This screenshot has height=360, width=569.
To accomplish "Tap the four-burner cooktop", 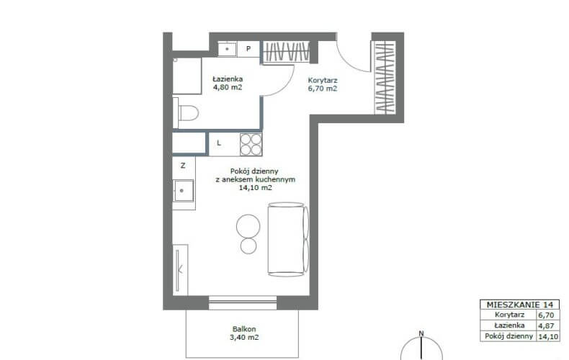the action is click(251, 145).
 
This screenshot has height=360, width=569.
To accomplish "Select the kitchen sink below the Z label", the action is click(184, 191).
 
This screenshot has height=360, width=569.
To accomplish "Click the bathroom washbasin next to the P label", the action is click(227, 49).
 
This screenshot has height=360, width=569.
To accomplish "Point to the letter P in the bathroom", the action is click(248, 49).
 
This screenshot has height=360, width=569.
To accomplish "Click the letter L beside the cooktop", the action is click(219, 143).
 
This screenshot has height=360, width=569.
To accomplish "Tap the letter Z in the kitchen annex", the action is click(183, 166).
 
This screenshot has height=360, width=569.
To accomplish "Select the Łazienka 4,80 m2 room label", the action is click(228, 83).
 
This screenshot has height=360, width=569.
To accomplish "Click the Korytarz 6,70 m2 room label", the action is click(323, 84).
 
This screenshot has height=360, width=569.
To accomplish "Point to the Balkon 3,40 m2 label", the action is click(244, 333).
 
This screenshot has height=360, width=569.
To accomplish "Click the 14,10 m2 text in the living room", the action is click(256, 188).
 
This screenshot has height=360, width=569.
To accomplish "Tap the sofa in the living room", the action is click(288, 239).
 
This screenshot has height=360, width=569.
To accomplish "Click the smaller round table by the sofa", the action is click(248, 246).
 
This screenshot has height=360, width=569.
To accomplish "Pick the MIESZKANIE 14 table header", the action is click(519, 305).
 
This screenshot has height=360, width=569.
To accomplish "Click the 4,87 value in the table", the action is click(546, 325).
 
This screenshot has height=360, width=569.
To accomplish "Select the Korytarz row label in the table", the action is click(509, 315).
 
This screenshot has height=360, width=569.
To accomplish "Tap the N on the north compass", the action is click(421, 333).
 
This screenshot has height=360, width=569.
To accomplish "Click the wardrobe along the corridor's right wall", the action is click(385, 77).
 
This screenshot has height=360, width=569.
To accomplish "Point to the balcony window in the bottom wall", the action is click(243, 302).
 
